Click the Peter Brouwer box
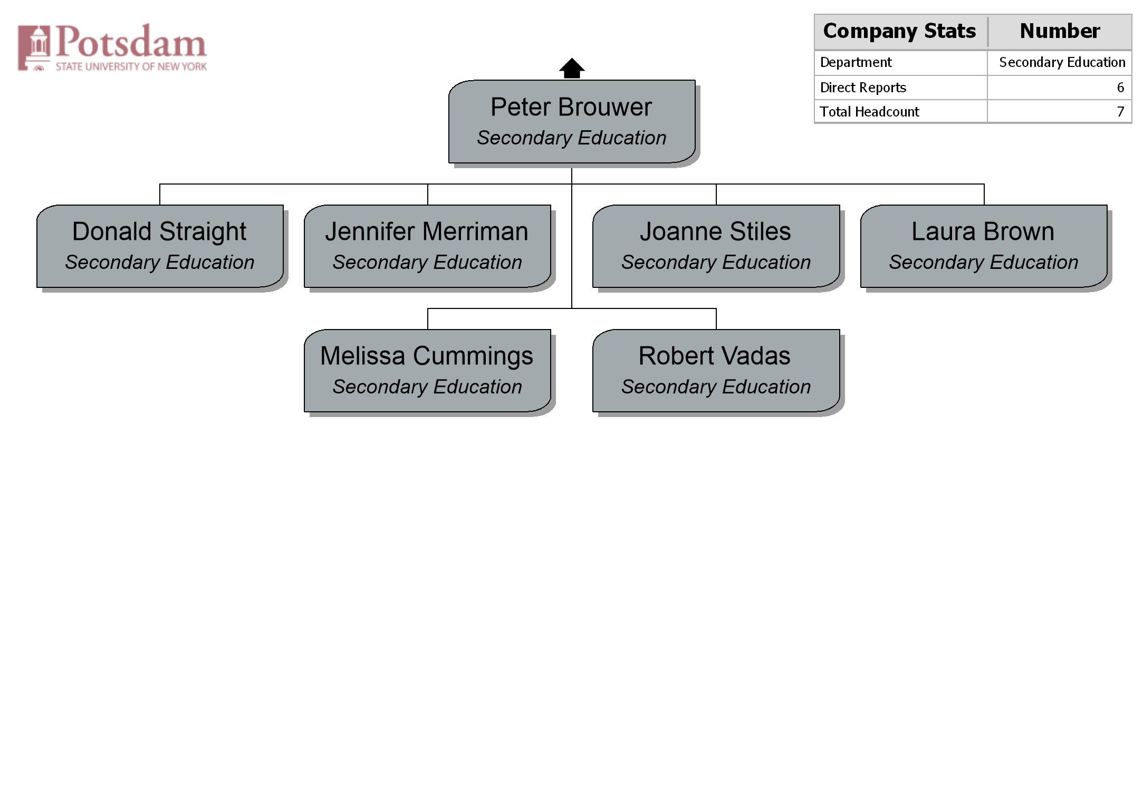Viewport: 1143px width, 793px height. point(572,121)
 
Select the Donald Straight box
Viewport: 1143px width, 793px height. point(160,246)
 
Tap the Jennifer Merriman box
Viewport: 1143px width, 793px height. point(427,246)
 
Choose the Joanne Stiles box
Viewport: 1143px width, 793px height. point(716,246)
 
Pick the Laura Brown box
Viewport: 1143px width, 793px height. point(984,246)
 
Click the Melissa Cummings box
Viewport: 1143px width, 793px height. point(427,371)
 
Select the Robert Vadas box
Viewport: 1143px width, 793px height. point(716,371)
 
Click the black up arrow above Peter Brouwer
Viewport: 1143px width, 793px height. point(572,69)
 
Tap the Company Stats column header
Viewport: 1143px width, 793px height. point(900,31)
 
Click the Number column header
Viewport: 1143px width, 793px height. point(1060,31)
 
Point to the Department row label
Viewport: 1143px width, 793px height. point(856,62)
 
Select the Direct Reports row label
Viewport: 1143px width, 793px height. point(863,88)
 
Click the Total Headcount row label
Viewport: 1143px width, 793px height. point(869,112)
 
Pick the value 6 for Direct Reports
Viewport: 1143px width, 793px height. point(1120,88)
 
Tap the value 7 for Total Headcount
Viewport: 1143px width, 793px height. point(1120,112)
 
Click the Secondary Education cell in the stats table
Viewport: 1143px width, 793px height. point(1062,62)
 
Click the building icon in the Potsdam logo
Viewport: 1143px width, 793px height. point(34,47)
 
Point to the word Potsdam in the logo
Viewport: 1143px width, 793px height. point(131,41)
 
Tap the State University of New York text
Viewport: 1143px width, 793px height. point(131,66)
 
